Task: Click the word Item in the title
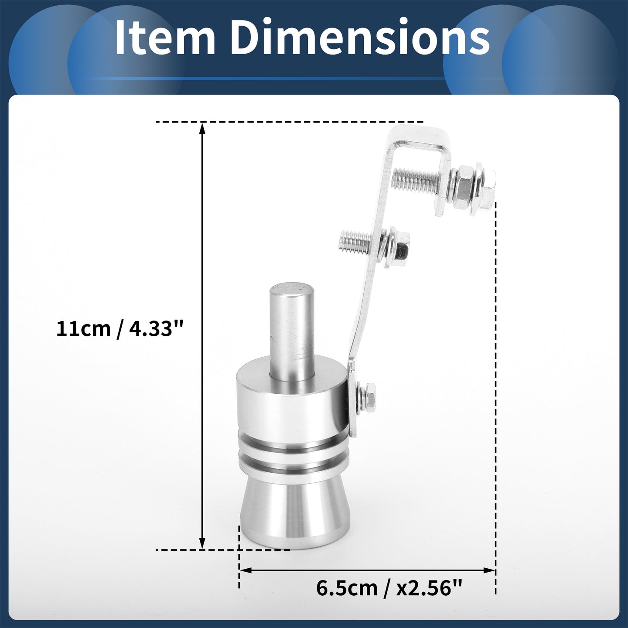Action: (x=165, y=38)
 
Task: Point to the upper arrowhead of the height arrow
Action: (x=202, y=128)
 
